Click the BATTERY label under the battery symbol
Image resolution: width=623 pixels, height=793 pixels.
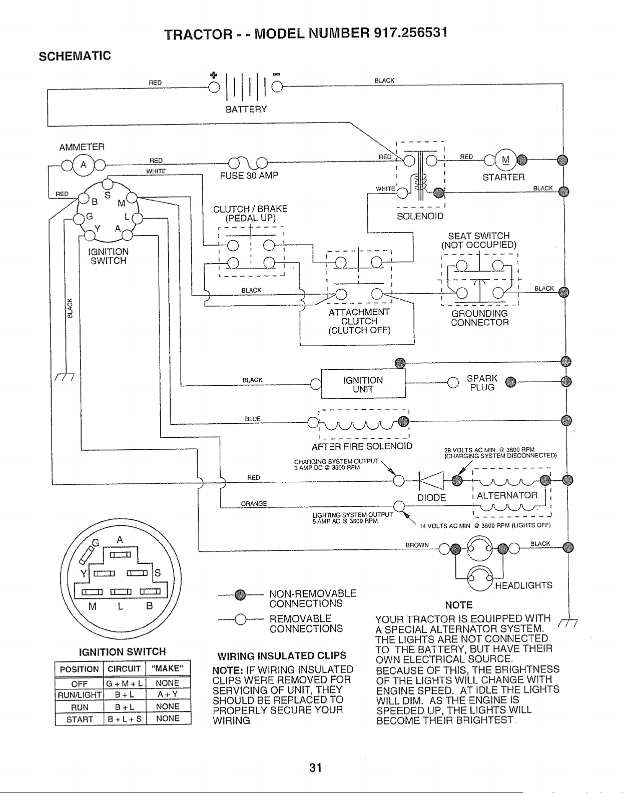coord(246,109)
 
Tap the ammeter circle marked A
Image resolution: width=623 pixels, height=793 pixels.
coord(84,165)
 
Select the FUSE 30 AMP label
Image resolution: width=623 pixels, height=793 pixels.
coord(249,176)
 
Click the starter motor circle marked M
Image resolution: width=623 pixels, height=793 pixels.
coord(505,160)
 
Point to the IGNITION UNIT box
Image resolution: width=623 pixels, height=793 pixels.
coord(363,384)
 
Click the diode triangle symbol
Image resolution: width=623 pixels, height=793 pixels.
coord(431,480)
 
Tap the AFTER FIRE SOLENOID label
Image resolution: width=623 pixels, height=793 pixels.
coord(362,446)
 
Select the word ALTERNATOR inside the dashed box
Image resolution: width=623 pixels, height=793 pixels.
coord(507,495)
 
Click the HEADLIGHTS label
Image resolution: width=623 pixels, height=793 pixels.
coord(523,585)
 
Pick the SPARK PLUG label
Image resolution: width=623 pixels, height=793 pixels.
coord(482,383)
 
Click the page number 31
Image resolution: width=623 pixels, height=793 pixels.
coord(315,768)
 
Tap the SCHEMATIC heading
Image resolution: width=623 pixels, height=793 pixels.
coord(75,56)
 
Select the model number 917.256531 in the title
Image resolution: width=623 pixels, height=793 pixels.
coord(410,33)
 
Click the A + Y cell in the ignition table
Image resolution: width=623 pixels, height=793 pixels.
coord(168,694)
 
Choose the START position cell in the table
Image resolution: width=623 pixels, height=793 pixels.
coord(80,719)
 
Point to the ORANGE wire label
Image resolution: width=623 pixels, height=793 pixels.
coord(254,504)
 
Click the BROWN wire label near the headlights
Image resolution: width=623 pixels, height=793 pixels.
coord(417,545)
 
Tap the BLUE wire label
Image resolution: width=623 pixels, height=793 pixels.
coord(253,419)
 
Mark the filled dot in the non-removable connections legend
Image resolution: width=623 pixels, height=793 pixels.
coord(240,595)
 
